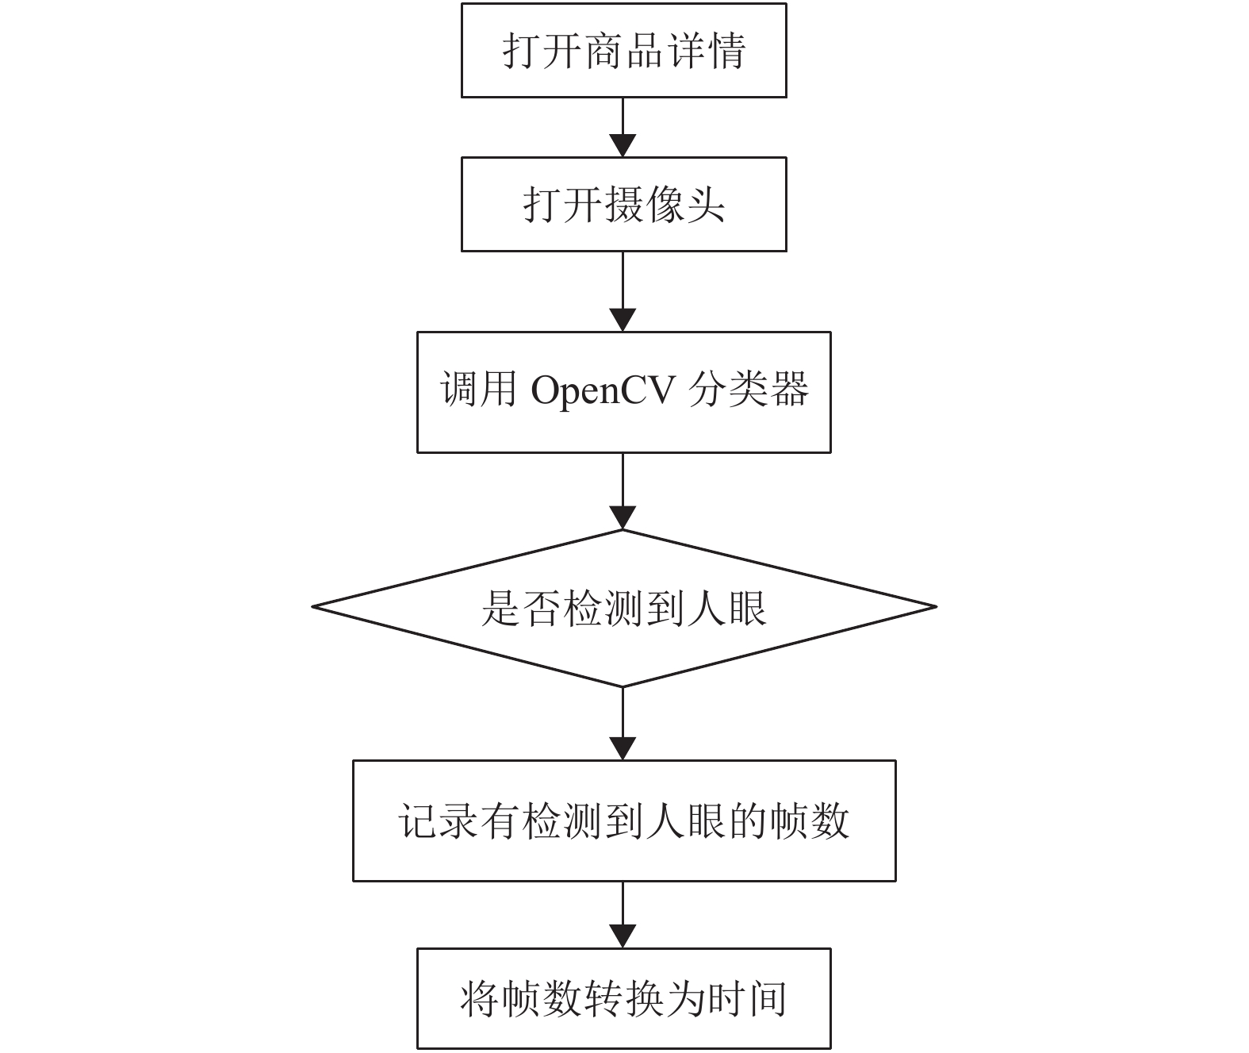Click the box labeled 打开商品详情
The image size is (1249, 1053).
click(623, 50)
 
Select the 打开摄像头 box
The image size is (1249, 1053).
click(623, 204)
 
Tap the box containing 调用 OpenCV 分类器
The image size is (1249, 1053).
click(623, 392)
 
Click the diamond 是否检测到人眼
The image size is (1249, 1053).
click(623, 608)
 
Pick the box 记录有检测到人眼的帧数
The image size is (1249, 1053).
click(623, 820)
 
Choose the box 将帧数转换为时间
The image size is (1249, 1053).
click(623, 998)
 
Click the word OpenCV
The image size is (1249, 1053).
click(603, 390)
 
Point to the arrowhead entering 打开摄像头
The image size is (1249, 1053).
click(623, 145)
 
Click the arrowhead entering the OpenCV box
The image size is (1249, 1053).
click(623, 321)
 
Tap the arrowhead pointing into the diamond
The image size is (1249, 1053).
click(623, 518)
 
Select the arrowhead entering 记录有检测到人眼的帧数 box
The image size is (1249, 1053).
click(623, 749)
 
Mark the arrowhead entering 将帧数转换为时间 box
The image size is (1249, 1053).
click(623, 937)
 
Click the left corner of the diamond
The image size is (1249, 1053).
click(312, 606)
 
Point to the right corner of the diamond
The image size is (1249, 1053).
click(936, 606)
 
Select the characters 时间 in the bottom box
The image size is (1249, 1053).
click(747, 998)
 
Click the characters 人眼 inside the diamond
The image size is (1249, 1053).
click(726, 608)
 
